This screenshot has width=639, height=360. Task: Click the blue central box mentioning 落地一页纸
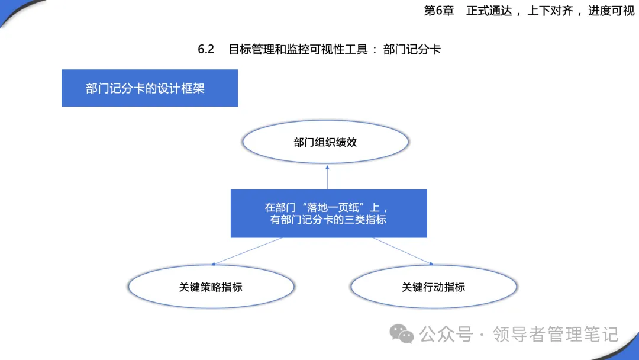(329, 213)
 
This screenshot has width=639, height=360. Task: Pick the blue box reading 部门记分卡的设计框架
(150, 88)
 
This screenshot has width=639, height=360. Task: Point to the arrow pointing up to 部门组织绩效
(327, 178)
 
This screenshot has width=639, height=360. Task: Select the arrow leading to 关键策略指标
(247, 251)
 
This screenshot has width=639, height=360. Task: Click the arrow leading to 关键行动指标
(403, 251)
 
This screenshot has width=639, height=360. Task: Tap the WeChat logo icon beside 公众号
(401, 334)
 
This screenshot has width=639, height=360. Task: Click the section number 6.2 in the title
(206, 49)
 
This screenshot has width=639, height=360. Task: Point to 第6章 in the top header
(439, 11)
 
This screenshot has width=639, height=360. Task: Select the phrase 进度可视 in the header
(611, 11)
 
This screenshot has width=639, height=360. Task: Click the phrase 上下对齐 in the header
(550, 11)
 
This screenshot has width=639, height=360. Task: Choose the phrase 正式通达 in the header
(489, 11)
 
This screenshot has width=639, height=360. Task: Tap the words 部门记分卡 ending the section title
(412, 49)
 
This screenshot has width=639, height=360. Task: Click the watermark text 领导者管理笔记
(556, 335)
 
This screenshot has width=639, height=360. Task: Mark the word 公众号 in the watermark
(446, 335)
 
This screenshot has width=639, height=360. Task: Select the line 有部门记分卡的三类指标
(328, 220)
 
